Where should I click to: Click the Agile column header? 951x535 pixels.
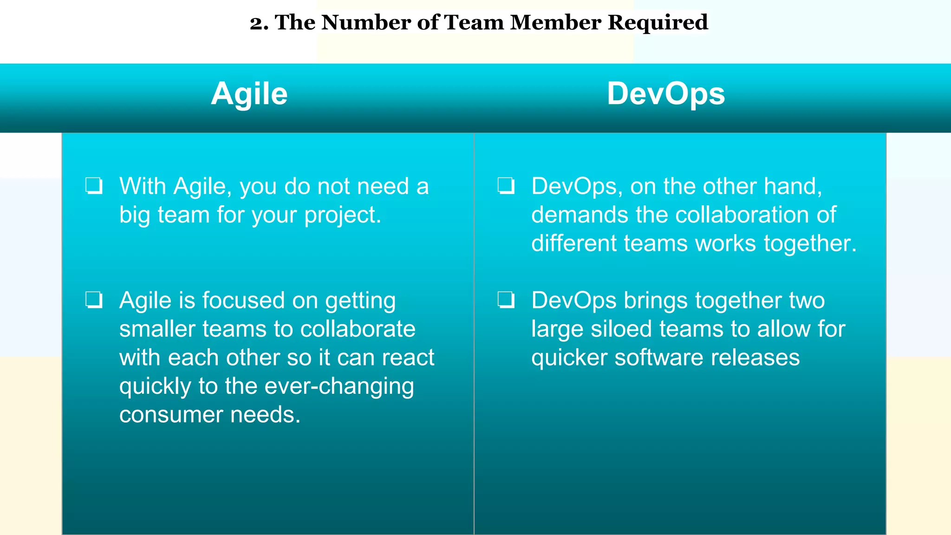click(x=249, y=94)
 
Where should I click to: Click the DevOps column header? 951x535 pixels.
click(x=665, y=94)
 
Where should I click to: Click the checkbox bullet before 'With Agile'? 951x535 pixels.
click(x=94, y=186)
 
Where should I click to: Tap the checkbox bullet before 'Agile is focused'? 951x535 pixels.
click(x=94, y=300)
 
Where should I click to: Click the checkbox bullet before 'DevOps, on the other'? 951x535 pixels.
click(x=506, y=186)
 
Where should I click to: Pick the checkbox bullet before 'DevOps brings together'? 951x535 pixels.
click(x=506, y=300)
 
